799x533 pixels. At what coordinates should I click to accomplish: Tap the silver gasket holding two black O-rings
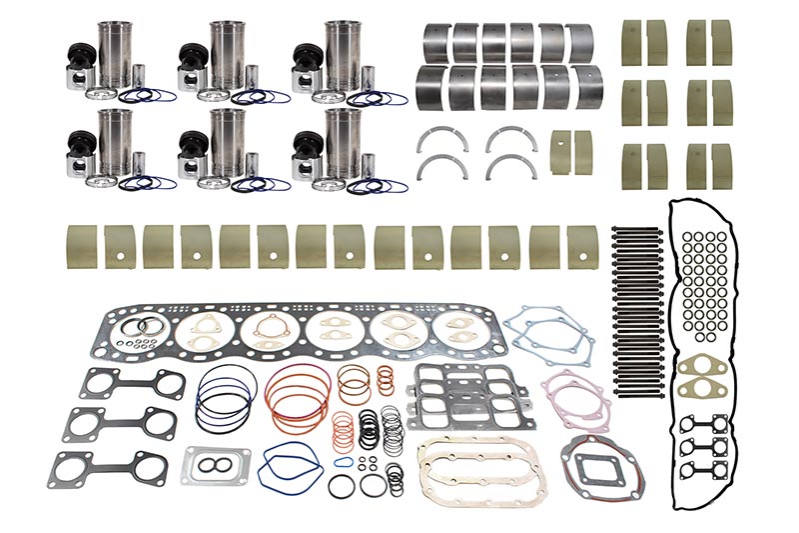(x=216, y=465)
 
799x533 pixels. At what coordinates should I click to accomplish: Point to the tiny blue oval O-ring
(x=343, y=464)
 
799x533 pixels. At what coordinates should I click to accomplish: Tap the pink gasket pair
(x=575, y=400)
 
